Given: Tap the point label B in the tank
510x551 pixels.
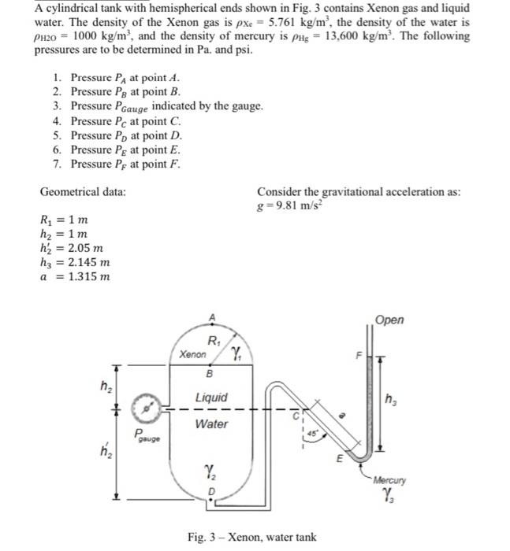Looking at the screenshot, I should pos(210,375).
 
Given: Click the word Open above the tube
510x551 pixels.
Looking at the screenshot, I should pos(389,320).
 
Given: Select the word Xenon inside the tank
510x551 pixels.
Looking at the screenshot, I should pos(193,355).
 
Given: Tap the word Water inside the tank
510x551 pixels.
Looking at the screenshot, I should pos(211,424).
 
